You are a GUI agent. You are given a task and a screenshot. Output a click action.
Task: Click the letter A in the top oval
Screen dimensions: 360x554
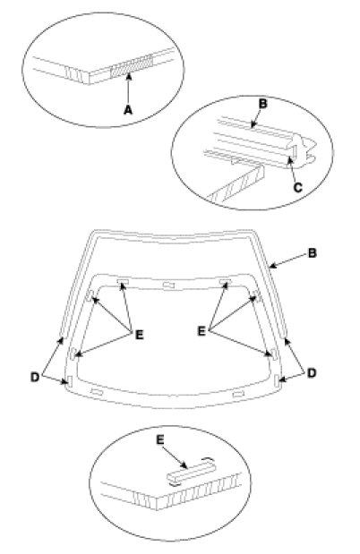[128, 110]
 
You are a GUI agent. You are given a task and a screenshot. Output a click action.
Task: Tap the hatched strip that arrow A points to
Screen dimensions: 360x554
[132, 66]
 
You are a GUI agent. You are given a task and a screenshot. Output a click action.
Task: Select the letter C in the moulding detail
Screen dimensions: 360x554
[297, 187]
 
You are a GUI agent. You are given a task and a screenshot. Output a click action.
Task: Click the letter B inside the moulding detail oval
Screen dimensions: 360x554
[262, 104]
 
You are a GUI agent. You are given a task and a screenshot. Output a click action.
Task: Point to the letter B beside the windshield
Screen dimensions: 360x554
[312, 253]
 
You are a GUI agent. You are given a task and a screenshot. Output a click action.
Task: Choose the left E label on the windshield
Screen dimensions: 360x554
[140, 335]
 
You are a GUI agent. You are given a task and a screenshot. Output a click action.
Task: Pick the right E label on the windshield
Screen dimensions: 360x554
[201, 331]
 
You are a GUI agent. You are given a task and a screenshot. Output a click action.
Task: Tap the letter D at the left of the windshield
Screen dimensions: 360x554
[35, 377]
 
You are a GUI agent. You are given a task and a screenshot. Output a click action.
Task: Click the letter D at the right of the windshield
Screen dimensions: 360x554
[312, 373]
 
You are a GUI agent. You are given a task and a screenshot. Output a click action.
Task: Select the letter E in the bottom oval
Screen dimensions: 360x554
[160, 439]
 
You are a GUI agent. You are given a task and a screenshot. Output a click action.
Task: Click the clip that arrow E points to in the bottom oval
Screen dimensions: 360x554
[191, 473]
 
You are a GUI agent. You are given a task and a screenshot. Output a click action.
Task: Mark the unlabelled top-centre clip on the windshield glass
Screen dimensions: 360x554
[168, 285]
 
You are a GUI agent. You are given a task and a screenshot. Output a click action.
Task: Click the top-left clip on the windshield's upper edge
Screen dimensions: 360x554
[123, 281]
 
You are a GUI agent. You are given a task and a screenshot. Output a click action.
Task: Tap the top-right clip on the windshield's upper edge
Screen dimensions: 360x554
[225, 281]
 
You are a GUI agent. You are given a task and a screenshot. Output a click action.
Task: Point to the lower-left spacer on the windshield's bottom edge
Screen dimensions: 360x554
[97, 391]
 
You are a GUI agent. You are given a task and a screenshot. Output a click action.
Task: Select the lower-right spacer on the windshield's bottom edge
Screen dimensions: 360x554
[238, 393]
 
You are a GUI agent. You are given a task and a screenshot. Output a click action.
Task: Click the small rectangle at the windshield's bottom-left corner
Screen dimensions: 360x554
[70, 381]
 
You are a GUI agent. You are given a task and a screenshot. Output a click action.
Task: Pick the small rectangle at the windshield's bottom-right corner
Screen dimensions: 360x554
[277, 380]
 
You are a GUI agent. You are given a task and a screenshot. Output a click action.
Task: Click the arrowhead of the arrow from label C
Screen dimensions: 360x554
[289, 161]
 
